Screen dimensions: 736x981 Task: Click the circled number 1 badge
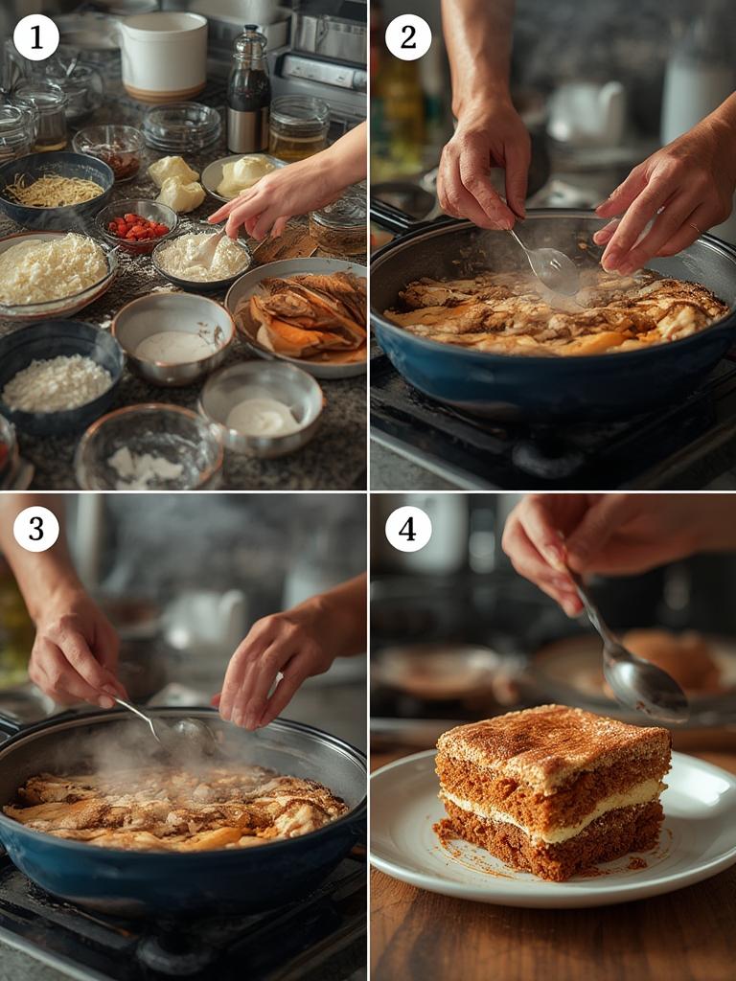click(x=36, y=37)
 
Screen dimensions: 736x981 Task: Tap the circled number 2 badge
click(x=408, y=37)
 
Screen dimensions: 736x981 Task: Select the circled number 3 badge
click(x=36, y=529)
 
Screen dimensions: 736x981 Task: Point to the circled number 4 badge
click(x=408, y=529)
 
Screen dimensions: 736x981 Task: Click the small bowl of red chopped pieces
click(x=136, y=226)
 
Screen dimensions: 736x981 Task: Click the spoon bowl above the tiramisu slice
click(x=645, y=685)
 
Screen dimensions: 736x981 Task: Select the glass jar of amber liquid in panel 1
click(x=299, y=127)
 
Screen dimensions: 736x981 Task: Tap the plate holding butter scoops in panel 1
click(x=241, y=177)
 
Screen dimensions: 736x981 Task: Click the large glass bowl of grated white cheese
click(x=55, y=273)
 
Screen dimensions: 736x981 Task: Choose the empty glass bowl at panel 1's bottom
click(x=149, y=448)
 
